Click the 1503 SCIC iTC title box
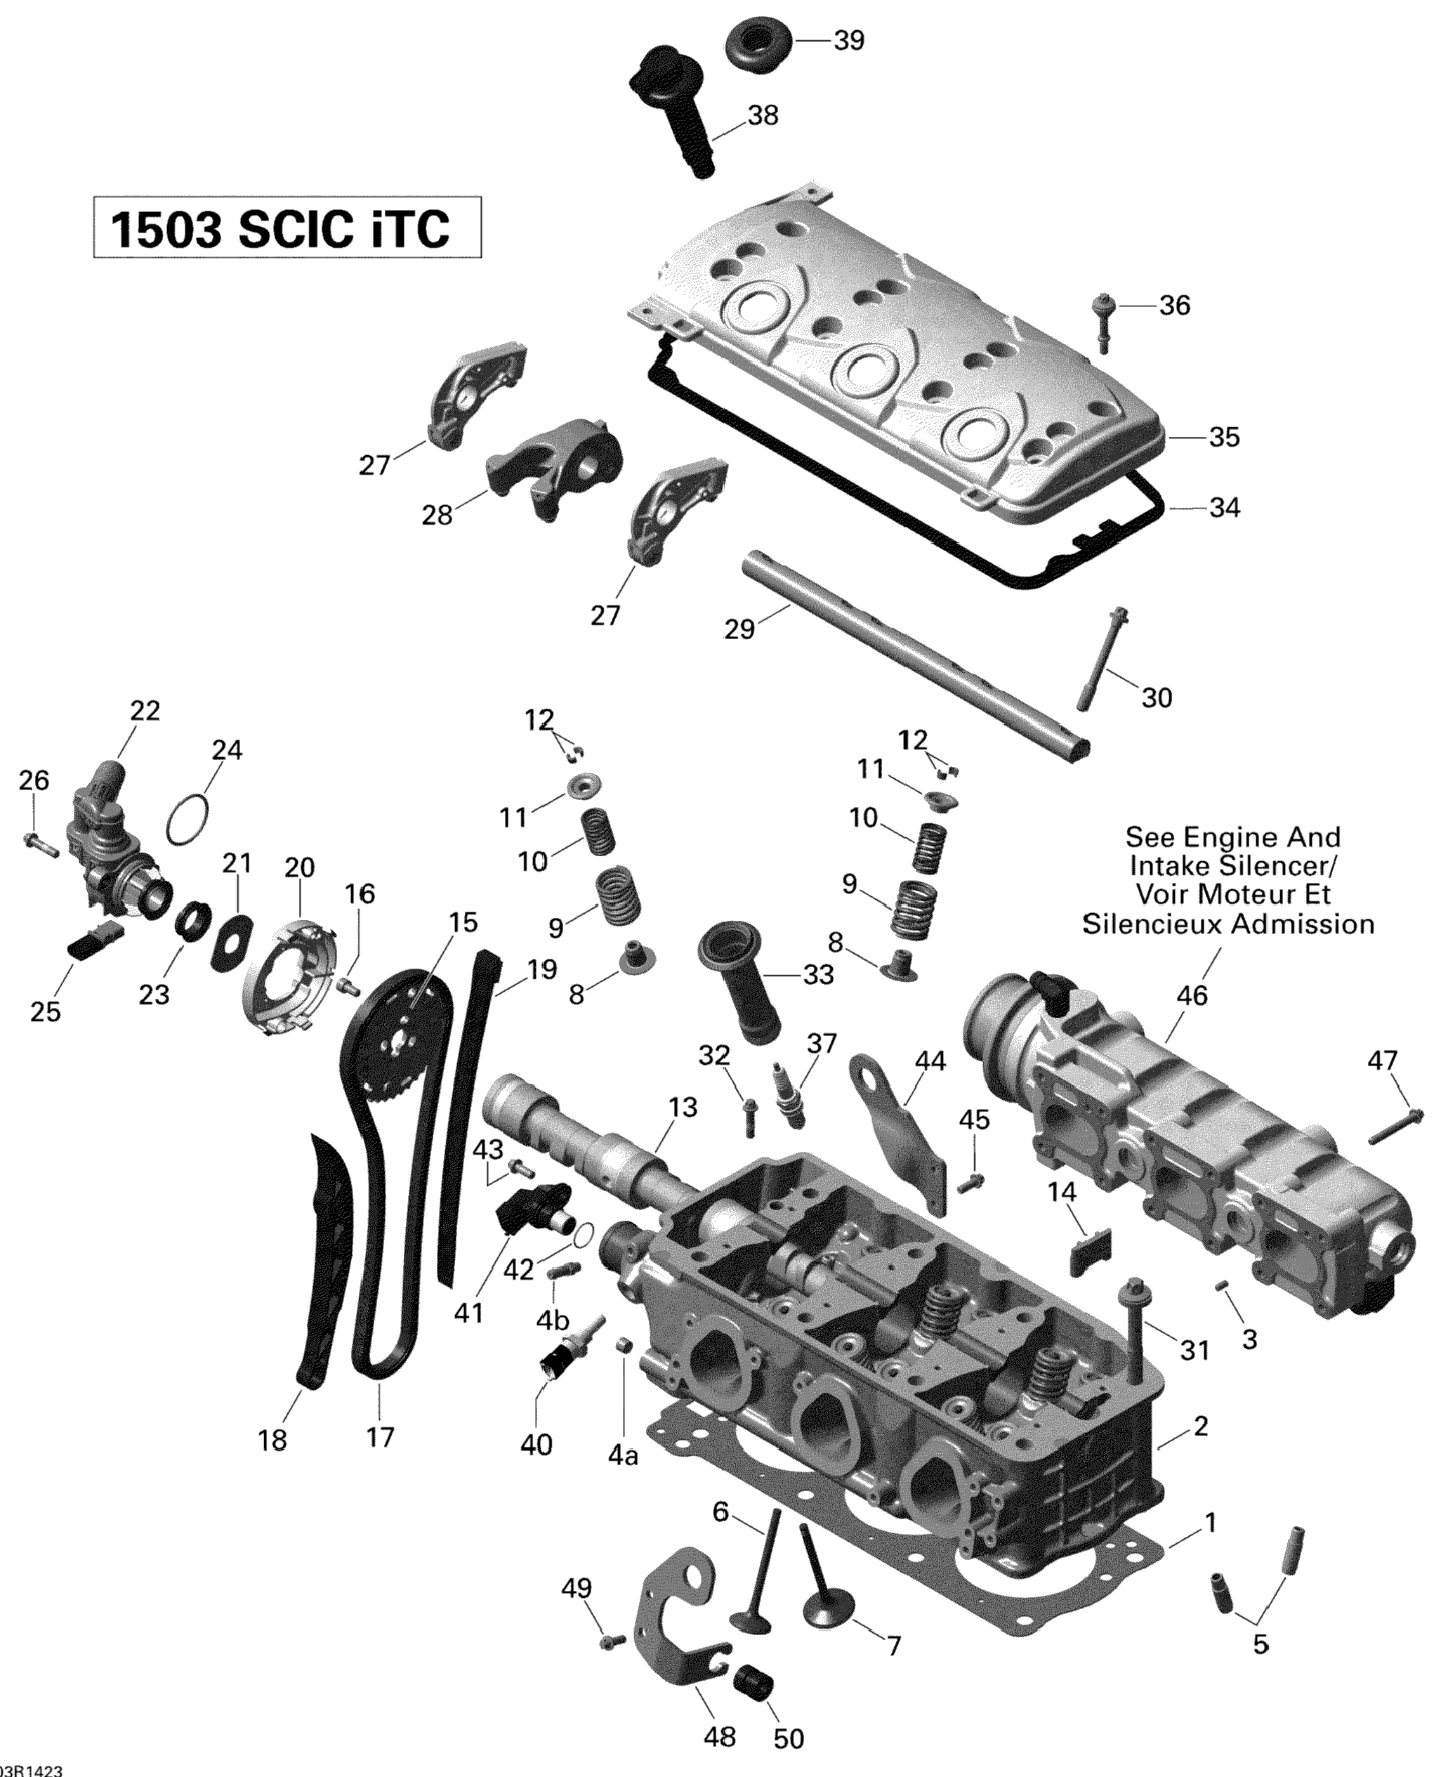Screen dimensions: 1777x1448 pyautogui.click(x=287, y=227)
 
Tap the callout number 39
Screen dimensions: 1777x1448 pyautogui.click(x=848, y=40)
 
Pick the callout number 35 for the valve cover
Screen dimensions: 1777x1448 pyautogui.click(x=1223, y=437)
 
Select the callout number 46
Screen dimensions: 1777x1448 pyautogui.click(x=1191, y=995)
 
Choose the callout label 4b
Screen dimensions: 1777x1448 pyautogui.click(x=552, y=1320)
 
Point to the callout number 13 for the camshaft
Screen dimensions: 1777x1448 pyautogui.click(x=683, y=1107)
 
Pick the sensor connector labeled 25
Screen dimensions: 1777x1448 pyautogui.click(x=93, y=942)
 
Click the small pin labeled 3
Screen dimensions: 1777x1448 pyautogui.click(x=1222, y=1308)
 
